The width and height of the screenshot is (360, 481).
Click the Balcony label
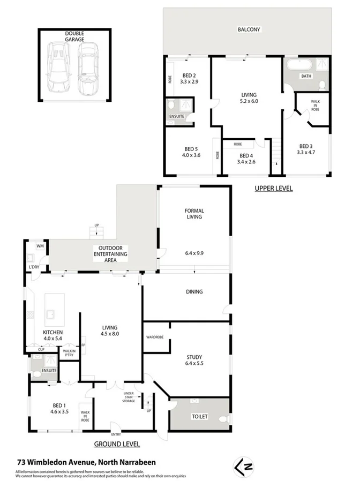pyautogui.click(x=249, y=30)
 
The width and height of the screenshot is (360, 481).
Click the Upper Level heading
pyautogui.click(x=273, y=189)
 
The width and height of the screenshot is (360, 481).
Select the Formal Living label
pyautogui.click(x=194, y=214)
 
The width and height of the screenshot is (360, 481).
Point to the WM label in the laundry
pyautogui.click(x=39, y=246)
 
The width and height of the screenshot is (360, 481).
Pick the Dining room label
pyautogui.click(x=194, y=292)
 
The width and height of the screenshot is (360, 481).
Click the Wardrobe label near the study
pyautogui.click(x=155, y=337)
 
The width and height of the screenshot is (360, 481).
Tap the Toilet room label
pyautogui.click(x=199, y=417)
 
